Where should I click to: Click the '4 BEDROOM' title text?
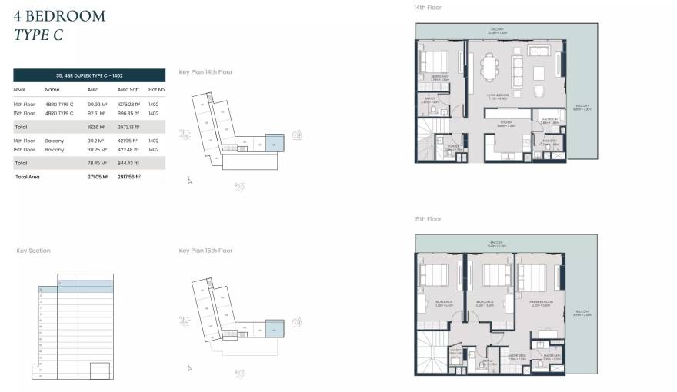coord(59,15)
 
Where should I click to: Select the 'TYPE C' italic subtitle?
coord(38,35)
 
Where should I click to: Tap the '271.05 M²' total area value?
coord(98,177)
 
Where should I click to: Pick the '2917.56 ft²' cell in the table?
coord(128,177)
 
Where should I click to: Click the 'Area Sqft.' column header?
coord(128,89)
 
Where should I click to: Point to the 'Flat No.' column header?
coord(156,89)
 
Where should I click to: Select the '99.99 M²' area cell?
coord(98,104)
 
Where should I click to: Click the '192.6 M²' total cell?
coord(96,126)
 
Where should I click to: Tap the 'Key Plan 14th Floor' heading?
coord(205,72)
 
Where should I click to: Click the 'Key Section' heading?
coord(33,251)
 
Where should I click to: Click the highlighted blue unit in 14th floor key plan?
coord(275,142)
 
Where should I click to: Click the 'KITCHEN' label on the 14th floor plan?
coord(506,121)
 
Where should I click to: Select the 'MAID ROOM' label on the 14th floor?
coord(549,121)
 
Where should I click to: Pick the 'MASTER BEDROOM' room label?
coord(542,303)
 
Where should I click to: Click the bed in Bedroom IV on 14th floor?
coord(437,59)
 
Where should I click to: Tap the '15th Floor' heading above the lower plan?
coord(427,219)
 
